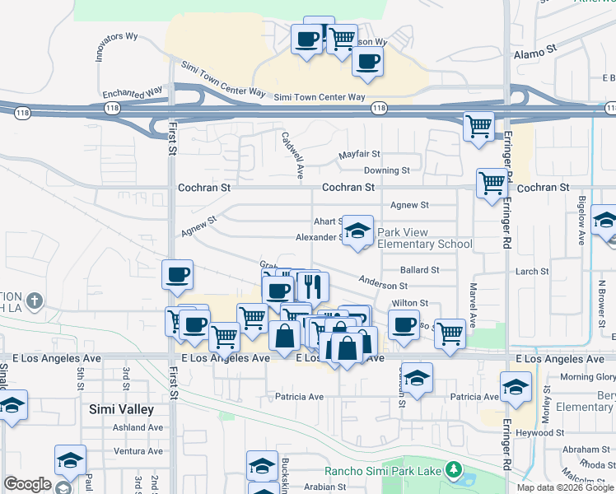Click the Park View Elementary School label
(x=425, y=238)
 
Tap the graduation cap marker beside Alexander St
(x=357, y=231)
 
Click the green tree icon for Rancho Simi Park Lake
(x=451, y=470)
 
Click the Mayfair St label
(x=359, y=154)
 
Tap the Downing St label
(x=387, y=170)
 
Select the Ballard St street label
(x=419, y=269)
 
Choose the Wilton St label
(x=409, y=303)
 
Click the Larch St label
(x=532, y=271)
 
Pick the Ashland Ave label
(x=138, y=427)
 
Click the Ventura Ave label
(x=138, y=450)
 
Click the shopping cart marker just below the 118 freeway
(x=478, y=127)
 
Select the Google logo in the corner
(x=27, y=485)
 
